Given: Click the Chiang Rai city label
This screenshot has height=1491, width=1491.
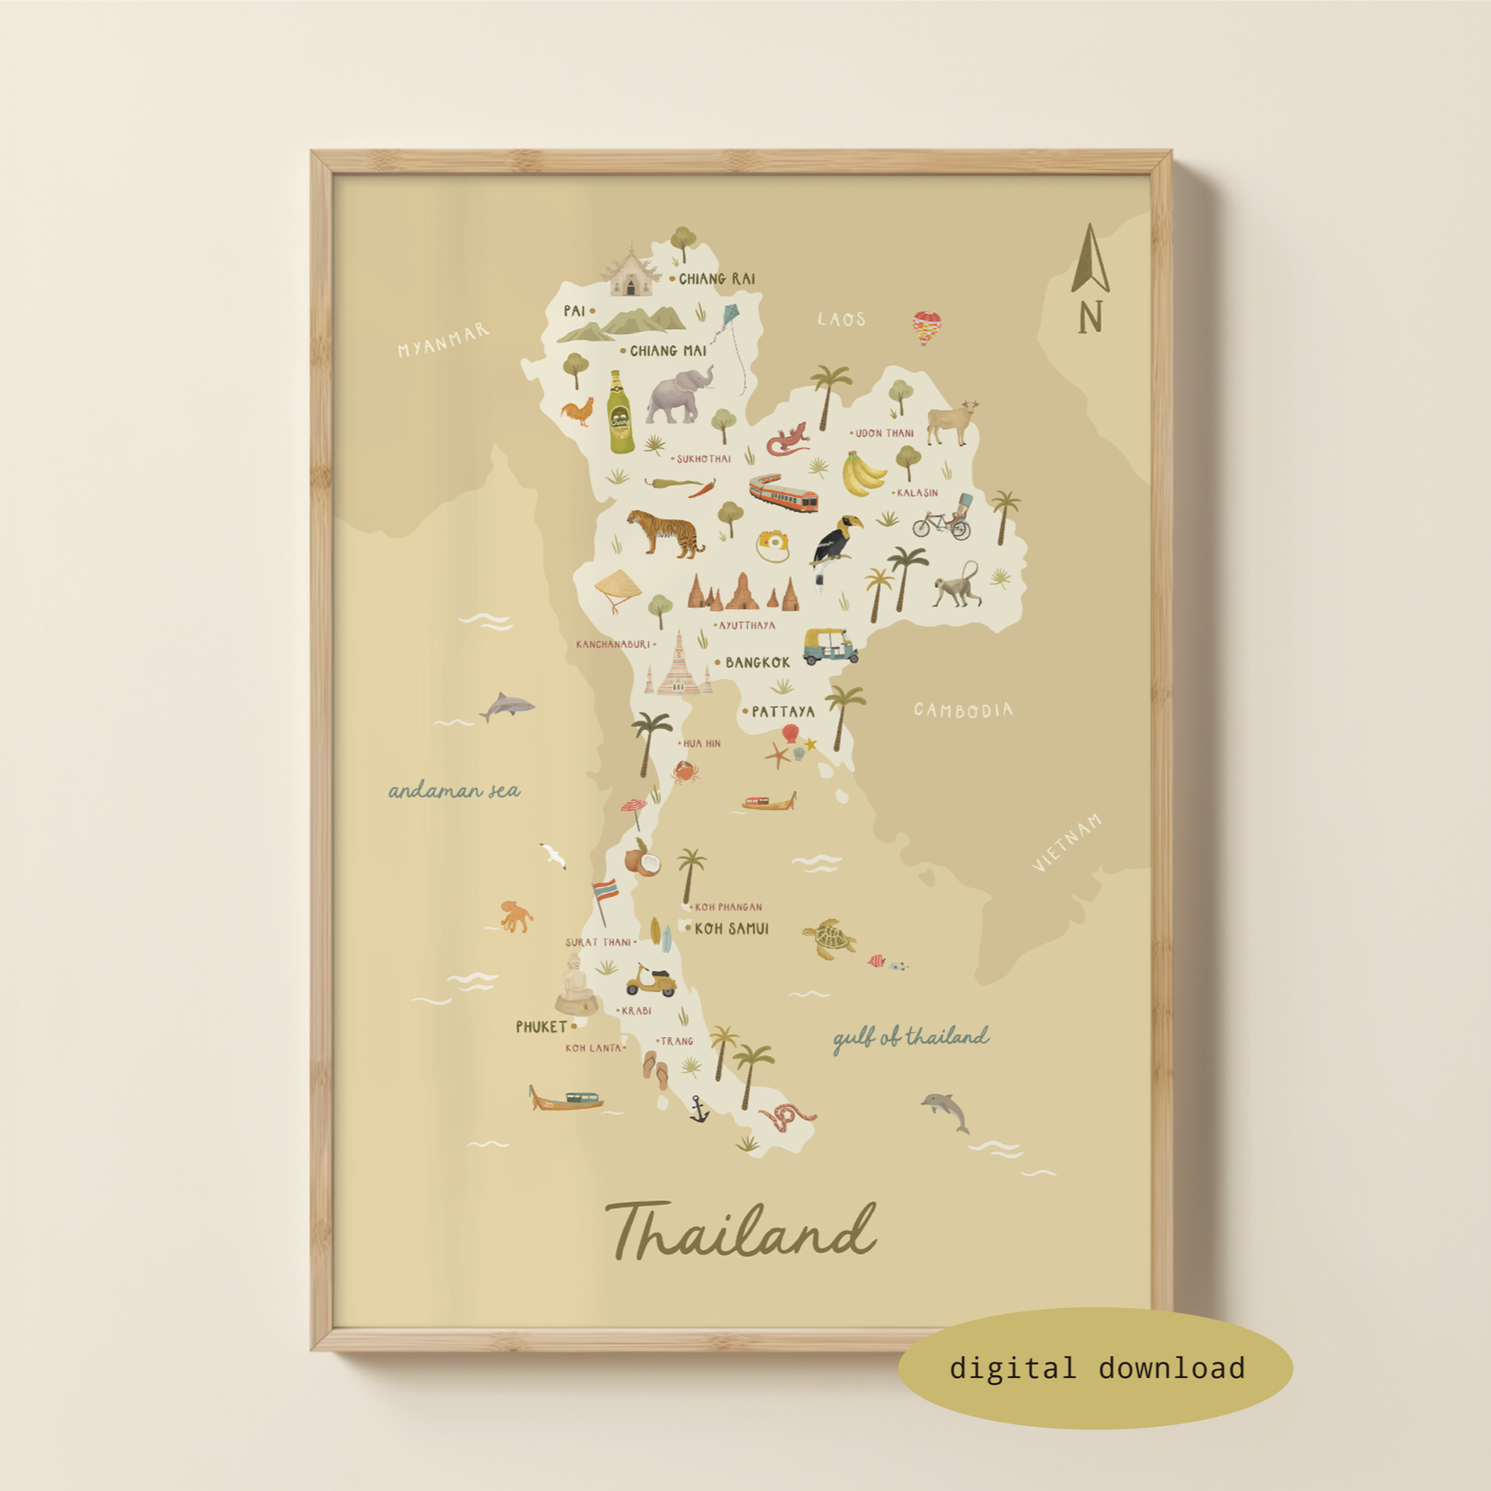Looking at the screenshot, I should pos(716,279).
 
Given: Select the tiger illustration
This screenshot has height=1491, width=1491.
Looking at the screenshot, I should pos(666,532).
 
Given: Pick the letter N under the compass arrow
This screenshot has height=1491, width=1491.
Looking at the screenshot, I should pos(1090,317).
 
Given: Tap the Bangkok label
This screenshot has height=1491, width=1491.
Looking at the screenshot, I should pos(757,662).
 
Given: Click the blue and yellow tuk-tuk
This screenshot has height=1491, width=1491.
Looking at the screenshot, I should pos(830,646).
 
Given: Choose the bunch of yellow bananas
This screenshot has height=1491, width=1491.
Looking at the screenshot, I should pos(861,474).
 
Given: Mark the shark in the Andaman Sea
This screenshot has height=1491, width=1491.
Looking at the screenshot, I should pos(507,705).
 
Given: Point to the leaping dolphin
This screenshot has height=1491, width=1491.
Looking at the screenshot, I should pos(947,1110).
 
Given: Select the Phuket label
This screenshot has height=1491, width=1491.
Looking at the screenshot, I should pos(542,1027).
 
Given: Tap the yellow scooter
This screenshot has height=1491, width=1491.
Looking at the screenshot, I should pos(651,981).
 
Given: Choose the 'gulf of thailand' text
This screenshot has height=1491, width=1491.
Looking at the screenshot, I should pos(911,1038).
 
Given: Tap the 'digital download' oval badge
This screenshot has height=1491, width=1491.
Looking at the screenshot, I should pos(1095,1368).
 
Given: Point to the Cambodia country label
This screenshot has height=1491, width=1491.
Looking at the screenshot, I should pos(963,710).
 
